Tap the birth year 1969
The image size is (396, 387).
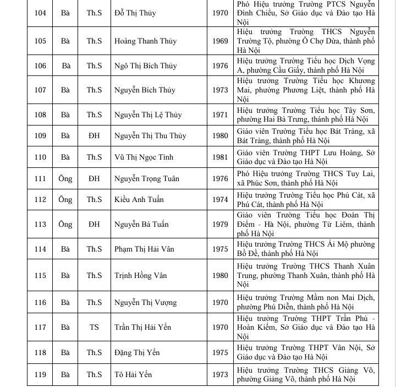click(220, 41)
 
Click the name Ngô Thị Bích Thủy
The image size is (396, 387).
click(146, 66)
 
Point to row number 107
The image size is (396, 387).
click(40, 90)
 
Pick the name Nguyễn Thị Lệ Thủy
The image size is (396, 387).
click(148, 115)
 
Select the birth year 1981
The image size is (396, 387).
click(220, 157)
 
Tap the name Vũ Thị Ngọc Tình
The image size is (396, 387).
click(144, 157)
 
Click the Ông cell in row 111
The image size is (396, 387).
click(65, 178)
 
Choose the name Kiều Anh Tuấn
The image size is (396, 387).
click(139, 199)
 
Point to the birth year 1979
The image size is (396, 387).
click(220, 224)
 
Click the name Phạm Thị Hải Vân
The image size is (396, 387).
click(144, 249)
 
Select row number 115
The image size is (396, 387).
click(40, 275)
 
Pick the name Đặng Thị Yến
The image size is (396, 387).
click(137, 352)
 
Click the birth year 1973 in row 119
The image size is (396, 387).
click(220, 375)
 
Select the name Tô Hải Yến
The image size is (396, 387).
click(133, 375)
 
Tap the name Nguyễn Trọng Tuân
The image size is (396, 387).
click(147, 178)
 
